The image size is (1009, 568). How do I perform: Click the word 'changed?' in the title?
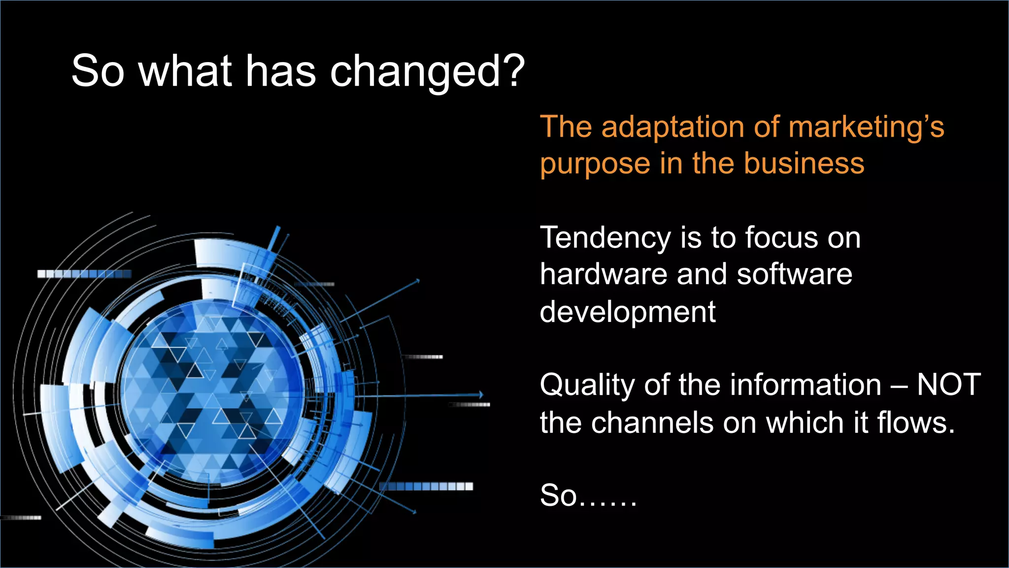coord(427,72)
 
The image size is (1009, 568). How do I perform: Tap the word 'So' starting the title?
coord(97,71)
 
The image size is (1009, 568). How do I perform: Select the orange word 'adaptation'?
coord(673,127)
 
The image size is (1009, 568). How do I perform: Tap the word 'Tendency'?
coord(605,239)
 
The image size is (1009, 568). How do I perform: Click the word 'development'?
coord(627,312)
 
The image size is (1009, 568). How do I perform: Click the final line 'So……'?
coord(588,495)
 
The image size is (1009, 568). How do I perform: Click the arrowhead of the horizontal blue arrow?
coord(481,394)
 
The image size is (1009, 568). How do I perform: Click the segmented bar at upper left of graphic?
coord(84,274)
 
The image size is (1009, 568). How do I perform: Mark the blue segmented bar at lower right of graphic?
coord(426,486)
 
